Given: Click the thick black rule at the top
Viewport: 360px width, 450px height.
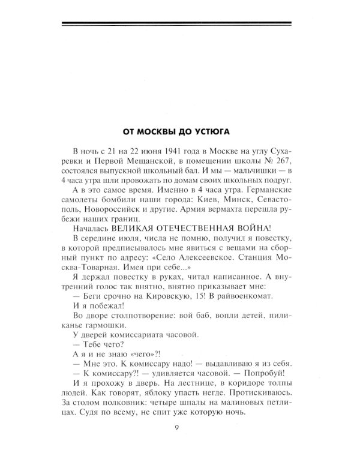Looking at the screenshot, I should point(180,25).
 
